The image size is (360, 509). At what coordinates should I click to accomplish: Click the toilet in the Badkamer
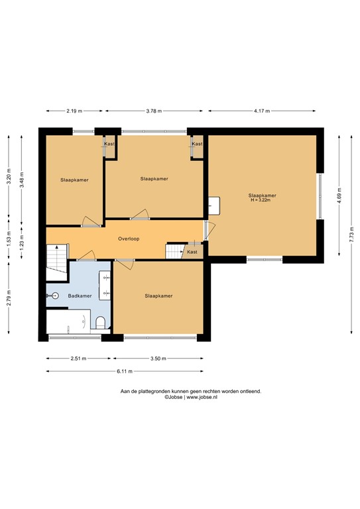point(100,323)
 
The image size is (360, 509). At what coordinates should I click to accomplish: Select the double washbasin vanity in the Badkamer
point(105,286)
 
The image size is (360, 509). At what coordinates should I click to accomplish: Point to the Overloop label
point(128,239)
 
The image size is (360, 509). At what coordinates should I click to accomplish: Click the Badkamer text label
point(80,296)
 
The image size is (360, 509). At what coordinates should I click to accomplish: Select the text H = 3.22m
point(263,200)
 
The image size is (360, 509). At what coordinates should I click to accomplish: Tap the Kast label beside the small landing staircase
point(192,252)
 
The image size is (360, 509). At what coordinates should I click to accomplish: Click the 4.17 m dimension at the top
point(262,111)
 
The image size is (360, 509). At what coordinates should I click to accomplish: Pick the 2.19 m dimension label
point(74,111)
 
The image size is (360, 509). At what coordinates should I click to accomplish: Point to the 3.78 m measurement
point(154,111)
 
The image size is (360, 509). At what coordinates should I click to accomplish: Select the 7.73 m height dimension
point(351,235)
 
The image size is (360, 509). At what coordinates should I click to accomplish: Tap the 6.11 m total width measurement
point(125,371)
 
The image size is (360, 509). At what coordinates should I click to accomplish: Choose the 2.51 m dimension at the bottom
point(79,359)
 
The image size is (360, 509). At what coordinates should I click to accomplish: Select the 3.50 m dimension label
point(158,359)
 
